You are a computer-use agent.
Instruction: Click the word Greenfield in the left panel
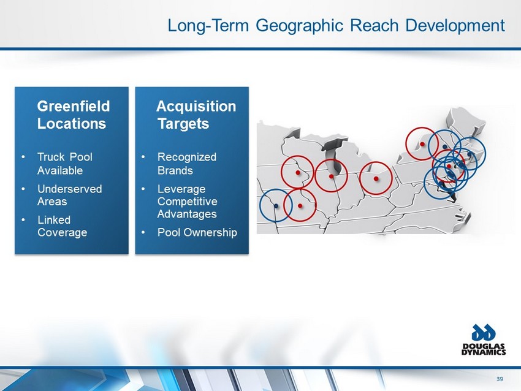click(74, 106)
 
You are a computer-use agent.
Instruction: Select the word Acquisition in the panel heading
click(196, 106)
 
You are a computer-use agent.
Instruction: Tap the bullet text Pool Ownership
click(197, 232)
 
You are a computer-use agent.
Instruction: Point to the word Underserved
click(69, 189)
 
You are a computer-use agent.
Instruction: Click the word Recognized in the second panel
click(187, 157)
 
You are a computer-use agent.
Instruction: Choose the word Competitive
click(187, 201)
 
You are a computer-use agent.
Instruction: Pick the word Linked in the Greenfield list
click(54, 219)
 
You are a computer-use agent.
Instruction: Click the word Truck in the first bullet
click(51, 156)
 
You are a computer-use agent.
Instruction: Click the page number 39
click(500, 379)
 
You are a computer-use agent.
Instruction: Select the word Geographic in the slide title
click(299, 26)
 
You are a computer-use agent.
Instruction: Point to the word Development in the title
click(455, 25)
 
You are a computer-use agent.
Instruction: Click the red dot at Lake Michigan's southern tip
click(331, 176)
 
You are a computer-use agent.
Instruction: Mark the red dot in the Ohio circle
click(376, 179)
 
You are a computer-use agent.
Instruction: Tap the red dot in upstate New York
click(422, 144)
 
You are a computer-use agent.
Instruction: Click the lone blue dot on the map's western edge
click(276, 206)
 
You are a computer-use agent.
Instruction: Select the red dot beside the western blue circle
click(300, 206)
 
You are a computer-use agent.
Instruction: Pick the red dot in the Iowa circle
click(298, 172)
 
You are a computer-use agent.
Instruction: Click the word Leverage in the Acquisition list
click(181, 189)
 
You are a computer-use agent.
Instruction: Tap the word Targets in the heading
click(183, 124)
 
